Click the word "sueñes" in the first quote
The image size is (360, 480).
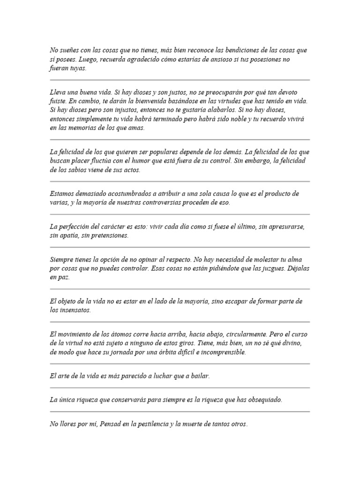pos(68,50)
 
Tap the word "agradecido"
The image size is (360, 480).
pos(135,60)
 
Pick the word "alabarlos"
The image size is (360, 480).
pos(225,110)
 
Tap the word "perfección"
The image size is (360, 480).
pos(77,226)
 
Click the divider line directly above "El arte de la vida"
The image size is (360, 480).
pos(180,364)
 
